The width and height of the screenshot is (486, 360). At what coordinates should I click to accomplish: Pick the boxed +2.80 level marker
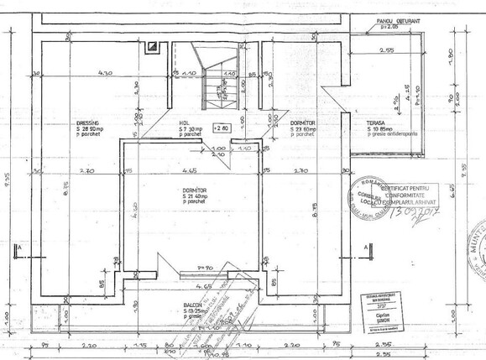click(221, 128)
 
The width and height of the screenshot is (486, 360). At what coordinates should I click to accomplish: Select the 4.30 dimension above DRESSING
click(105, 74)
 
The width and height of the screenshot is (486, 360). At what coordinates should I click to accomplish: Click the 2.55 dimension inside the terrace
click(385, 51)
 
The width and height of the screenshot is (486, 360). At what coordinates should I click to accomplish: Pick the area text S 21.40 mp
click(195, 196)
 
